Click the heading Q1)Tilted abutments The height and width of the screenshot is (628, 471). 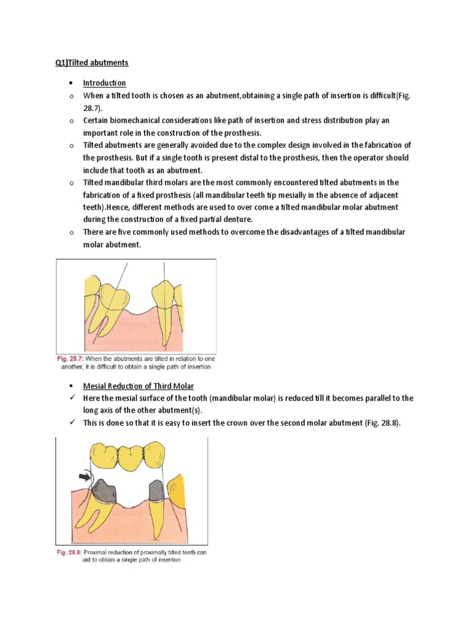point(89,63)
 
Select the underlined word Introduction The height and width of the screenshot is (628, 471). point(105,83)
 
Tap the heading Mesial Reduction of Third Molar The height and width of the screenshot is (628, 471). point(139,386)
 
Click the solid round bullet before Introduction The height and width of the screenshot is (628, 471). point(72,83)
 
